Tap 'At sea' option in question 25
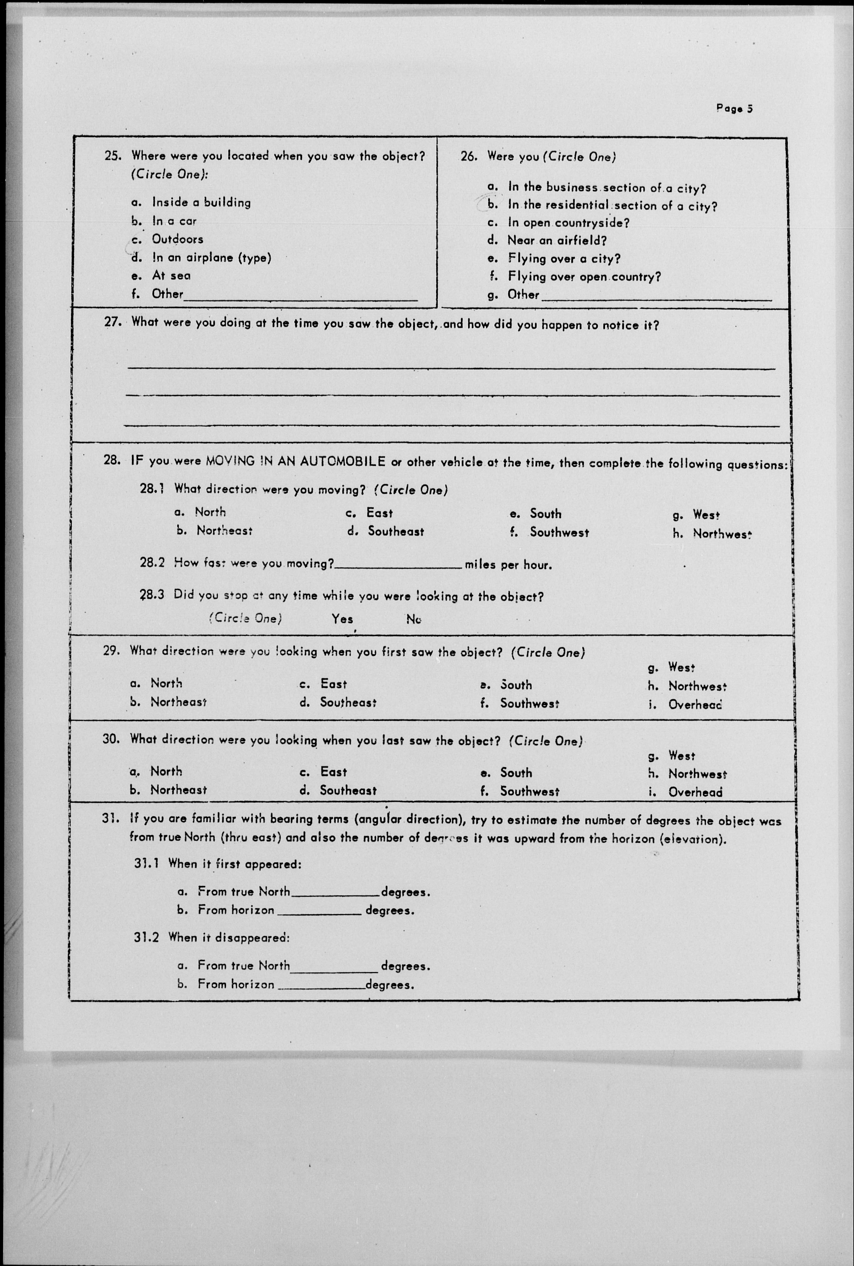[x=171, y=276]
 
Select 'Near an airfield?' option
[x=557, y=240]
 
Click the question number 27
[x=112, y=322]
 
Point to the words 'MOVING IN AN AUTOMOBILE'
[x=296, y=461]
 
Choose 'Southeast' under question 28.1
[x=395, y=531]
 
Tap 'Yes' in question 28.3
[x=343, y=619]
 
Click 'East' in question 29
[x=333, y=684]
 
